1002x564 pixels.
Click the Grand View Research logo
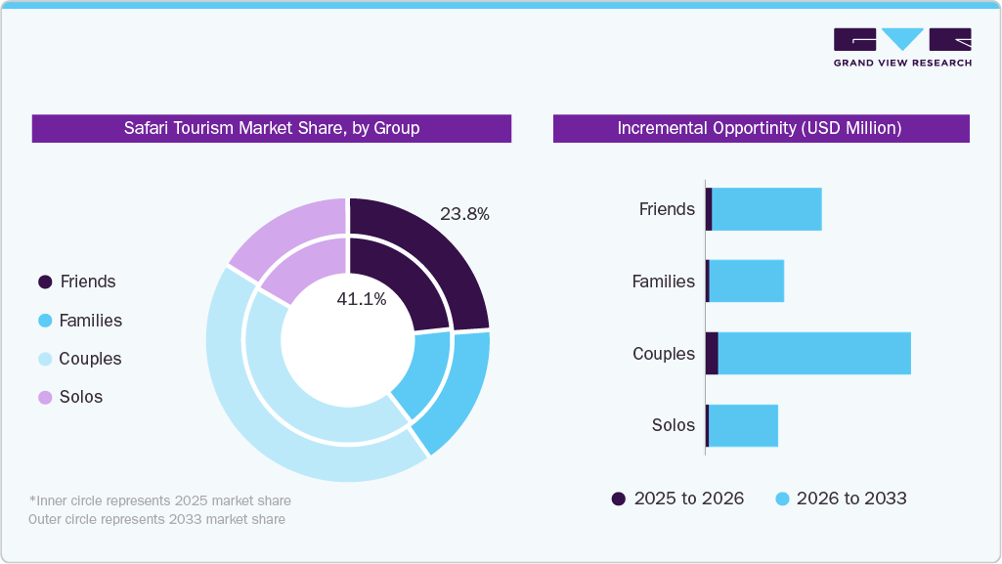coord(901,47)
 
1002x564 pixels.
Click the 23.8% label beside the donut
coord(464,214)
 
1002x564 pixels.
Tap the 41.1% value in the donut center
coord(362,300)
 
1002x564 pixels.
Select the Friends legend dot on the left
coord(45,282)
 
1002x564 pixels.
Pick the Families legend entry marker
coord(45,321)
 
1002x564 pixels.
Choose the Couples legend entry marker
coord(45,360)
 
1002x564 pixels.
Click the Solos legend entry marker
coord(45,398)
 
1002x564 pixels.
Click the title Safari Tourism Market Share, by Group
coord(271,128)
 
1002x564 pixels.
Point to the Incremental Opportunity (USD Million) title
coord(760,128)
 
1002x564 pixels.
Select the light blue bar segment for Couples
coord(814,353)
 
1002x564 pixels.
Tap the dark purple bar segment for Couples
coord(712,353)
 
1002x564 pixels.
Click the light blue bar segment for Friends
coord(766,209)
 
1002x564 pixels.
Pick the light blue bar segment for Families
coord(747,282)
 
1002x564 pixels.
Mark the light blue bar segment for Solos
coord(743,425)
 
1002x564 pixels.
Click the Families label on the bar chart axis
coord(663,282)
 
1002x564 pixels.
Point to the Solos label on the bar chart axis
coord(673,425)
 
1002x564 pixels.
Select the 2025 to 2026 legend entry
coord(677,499)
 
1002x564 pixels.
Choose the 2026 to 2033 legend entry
coord(841,499)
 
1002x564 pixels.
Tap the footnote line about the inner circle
coord(159,500)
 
